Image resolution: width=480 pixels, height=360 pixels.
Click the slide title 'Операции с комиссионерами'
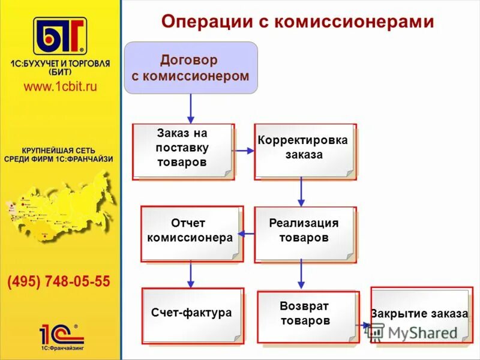(x=298, y=22)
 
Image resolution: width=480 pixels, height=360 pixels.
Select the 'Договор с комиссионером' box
(x=190, y=68)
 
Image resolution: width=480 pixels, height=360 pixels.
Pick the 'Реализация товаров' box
(x=305, y=233)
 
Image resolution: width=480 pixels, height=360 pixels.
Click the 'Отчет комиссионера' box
(x=191, y=233)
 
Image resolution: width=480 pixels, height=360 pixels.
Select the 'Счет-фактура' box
(x=192, y=315)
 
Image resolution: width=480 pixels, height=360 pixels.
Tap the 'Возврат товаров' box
(x=307, y=316)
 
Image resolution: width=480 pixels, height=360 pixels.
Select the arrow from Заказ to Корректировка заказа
(x=244, y=151)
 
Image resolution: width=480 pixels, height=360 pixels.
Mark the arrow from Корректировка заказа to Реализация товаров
(x=301, y=193)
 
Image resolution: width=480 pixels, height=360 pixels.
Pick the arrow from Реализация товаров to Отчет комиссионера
(x=246, y=233)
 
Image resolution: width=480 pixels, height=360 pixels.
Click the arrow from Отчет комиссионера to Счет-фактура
(x=191, y=274)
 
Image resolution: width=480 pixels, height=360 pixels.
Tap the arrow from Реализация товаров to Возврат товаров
(x=301, y=274)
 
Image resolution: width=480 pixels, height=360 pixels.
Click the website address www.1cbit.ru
(x=60, y=86)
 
